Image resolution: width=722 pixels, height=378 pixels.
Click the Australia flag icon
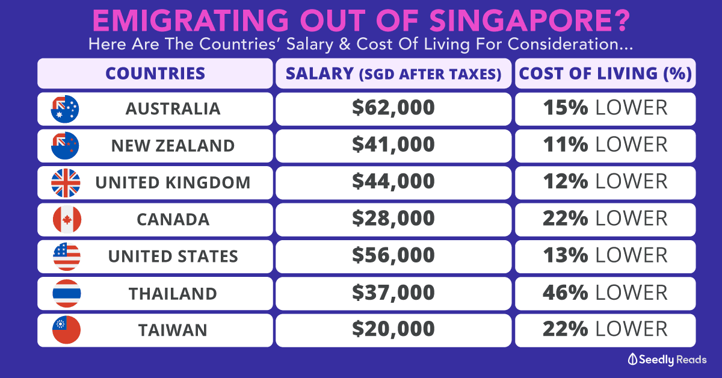click(x=66, y=109)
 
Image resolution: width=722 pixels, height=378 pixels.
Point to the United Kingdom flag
click(x=66, y=182)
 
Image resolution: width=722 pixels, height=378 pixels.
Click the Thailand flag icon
click(x=67, y=294)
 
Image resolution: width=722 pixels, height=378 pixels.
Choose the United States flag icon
click(x=67, y=256)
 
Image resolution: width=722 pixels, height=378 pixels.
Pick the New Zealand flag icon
click(x=66, y=146)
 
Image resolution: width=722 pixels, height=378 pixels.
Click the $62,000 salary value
click(x=393, y=108)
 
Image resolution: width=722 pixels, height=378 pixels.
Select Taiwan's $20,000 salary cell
click(x=393, y=330)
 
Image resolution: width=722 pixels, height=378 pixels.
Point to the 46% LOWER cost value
click(x=605, y=293)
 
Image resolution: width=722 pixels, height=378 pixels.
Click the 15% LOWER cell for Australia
click(x=605, y=108)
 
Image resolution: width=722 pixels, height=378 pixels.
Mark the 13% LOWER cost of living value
click(x=605, y=256)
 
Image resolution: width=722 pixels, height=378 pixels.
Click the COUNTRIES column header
click(x=155, y=73)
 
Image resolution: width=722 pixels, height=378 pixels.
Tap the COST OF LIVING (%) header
click(x=605, y=73)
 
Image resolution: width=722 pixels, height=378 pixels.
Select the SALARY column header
click(x=393, y=73)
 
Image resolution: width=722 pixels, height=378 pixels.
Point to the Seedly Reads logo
click(x=667, y=359)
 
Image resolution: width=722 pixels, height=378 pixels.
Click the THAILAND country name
click(x=173, y=294)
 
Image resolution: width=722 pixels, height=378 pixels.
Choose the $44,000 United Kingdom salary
click(x=393, y=182)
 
